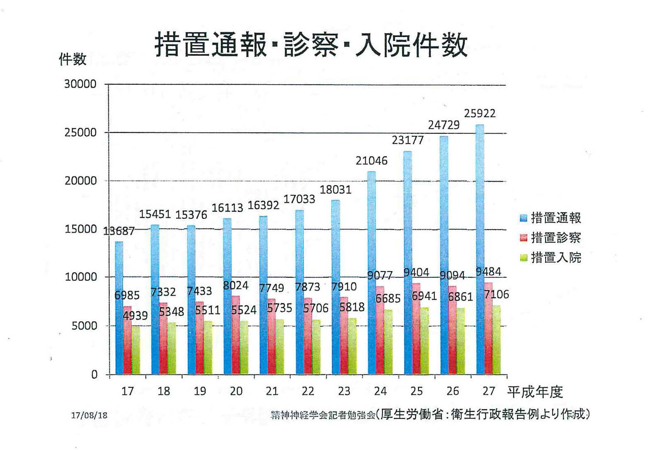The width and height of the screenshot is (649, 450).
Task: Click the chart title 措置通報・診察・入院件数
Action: click(x=311, y=45)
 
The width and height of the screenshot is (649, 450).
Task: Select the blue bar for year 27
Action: click(x=480, y=249)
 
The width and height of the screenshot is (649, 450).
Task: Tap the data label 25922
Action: click(x=480, y=113)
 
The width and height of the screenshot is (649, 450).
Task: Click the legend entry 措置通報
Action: click(x=556, y=218)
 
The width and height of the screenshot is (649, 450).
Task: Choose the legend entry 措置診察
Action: click(x=556, y=238)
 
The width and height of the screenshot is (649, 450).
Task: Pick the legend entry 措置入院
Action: click(x=556, y=258)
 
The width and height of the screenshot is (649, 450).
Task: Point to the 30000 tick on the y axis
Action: click(x=80, y=84)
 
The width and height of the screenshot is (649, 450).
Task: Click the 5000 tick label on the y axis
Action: click(x=84, y=326)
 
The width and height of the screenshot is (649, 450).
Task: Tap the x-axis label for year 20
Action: click(x=236, y=391)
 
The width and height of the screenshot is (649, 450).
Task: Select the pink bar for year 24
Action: click(x=380, y=330)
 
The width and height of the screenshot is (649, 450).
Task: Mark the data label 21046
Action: click(x=371, y=161)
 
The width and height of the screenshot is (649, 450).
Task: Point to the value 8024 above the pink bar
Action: click(x=235, y=286)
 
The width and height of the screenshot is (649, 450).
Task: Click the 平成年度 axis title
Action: click(x=535, y=391)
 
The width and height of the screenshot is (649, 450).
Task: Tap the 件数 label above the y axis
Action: click(x=73, y=59)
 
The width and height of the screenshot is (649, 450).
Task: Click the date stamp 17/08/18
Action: click(x=89, y=415)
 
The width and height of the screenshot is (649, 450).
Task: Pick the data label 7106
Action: click(x=497, y=295)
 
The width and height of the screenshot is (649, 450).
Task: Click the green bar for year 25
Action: click(x=424, y=340)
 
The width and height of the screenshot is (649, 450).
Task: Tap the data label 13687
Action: click(x=119, y=231)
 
